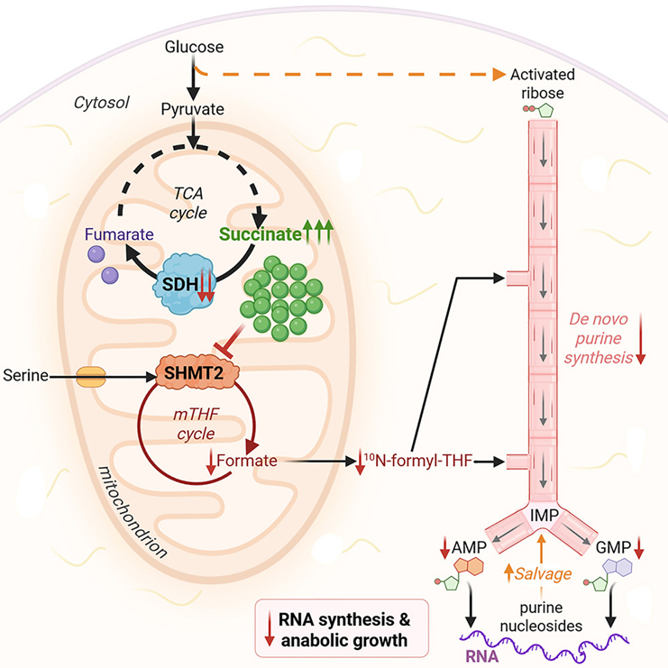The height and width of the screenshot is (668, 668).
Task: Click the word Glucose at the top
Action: coord(192,45)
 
